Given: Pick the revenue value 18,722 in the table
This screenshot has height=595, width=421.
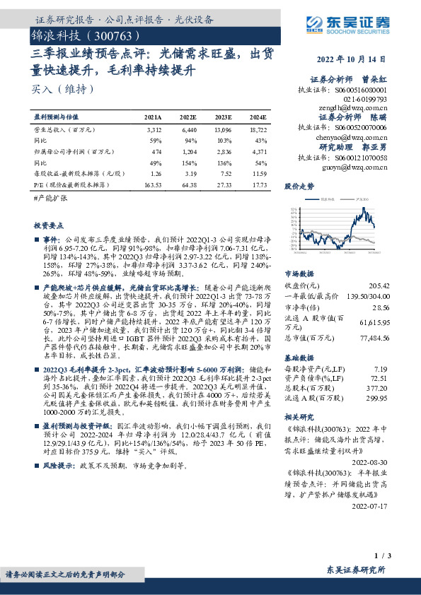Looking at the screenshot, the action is click(x=258, y=131).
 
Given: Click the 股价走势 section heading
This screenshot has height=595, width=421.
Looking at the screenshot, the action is click(x=299, y=187).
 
